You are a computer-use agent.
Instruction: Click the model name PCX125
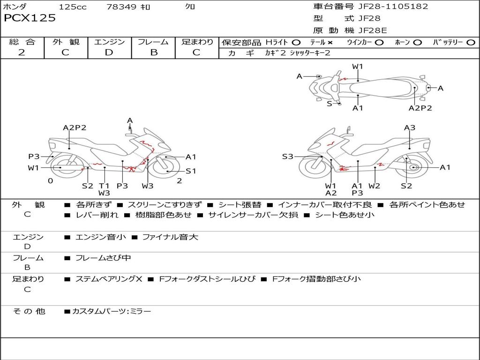coord(30,18)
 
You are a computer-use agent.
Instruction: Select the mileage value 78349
coord(122,7)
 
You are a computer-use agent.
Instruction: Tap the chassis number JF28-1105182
coord(386,7)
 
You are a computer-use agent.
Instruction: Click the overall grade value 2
coord(22,52)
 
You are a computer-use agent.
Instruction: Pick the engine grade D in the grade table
coord(109,52)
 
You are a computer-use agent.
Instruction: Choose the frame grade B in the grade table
coord(153,52)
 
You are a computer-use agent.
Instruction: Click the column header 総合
coord(22,42)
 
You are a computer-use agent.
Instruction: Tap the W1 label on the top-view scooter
coord(358,67)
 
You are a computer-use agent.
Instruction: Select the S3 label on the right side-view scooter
coord(287,157)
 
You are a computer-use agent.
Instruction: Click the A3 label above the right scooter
coord(410,127)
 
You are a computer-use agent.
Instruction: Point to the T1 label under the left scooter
coord(104,186)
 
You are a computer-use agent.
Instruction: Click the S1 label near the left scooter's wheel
coord(191,171)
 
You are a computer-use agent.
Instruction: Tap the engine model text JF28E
coord(373,30)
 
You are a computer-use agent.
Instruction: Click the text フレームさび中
coord(103,258)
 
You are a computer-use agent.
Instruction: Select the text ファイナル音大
coord(170,237)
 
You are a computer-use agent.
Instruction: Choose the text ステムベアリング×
coord(108,279)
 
